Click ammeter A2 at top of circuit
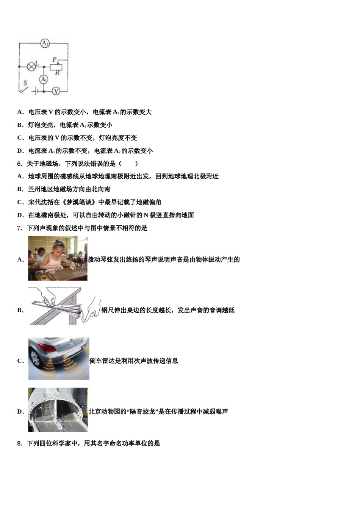[x=45, y=44]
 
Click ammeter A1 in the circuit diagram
[x=44, y=80]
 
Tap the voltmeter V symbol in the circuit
[x=56, y=91]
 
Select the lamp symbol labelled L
[x=32, y=66]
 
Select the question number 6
[x=20, y=164]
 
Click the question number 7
[x=20, y=228]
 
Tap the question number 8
[x=20, y=443]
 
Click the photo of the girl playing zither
[x=58, y=258]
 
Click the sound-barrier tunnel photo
[x=58, y=409]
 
